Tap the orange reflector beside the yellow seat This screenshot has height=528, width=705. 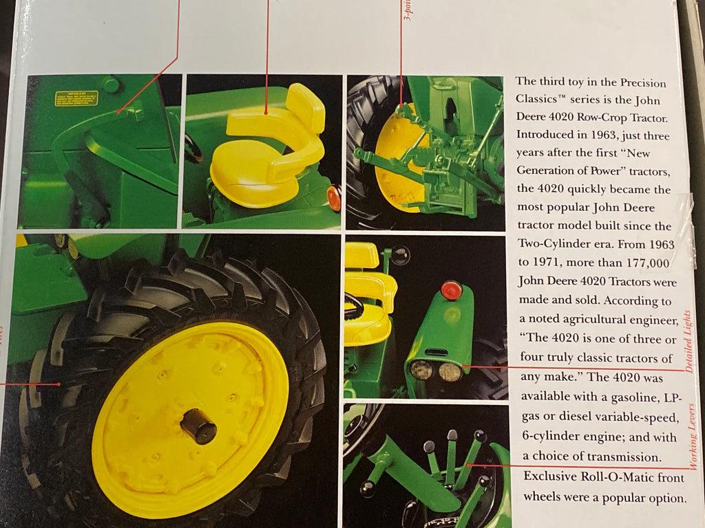click(x=334, y=198)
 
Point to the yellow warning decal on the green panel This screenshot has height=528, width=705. click(x=76, y=99)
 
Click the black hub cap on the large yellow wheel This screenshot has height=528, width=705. click(x=199, y=426)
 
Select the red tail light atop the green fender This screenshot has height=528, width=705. click(x=451, y=290)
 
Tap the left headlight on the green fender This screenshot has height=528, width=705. click(x=421, y=370)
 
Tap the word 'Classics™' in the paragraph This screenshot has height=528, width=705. click(x=545, y=98)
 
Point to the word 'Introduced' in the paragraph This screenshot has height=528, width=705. click(x=546, y=134)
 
